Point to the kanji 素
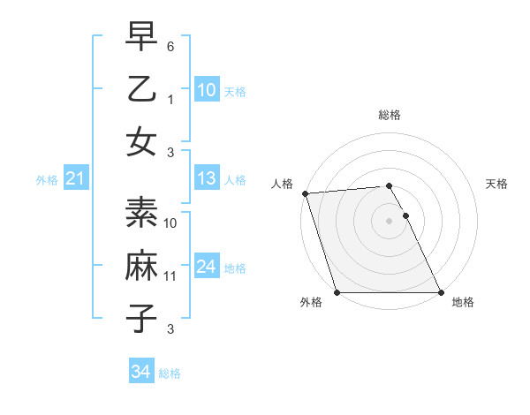point(142,213)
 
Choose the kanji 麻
point(142,266)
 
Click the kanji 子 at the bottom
point(142,317)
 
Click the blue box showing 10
point(207,89)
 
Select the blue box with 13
point(207,178)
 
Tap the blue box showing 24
point(207,267)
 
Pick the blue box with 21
point(75,179)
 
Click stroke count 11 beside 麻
point(170,276)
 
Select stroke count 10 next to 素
point(170,223)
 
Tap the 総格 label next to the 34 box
point(170,373)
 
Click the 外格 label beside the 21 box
point(47,180)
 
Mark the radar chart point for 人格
point(305,193)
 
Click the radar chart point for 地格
point(440,292)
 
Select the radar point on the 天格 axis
point(406,215)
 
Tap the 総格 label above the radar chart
point(390,115)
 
